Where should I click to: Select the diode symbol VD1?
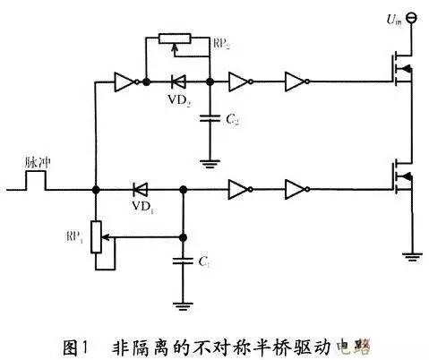coord(140,189)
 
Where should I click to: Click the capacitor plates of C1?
coord(183,261)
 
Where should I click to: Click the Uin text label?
coord(391,17)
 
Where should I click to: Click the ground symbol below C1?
coord(183,305)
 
